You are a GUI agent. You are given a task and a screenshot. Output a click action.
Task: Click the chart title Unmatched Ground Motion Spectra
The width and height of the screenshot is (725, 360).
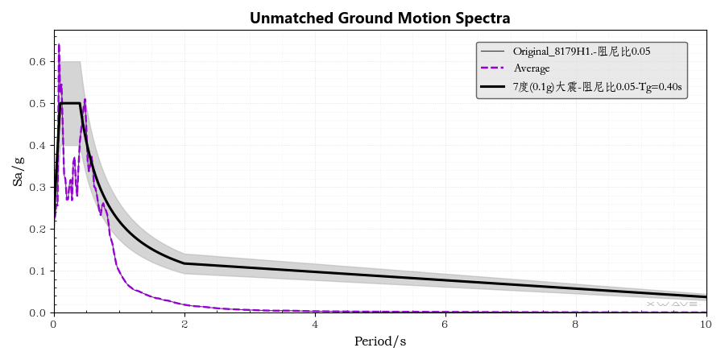tap(379, 18)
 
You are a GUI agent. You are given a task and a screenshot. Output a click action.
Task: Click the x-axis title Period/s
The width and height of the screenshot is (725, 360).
tap(379, 341)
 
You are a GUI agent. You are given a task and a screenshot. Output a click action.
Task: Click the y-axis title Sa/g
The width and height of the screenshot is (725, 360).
tap(18, 172)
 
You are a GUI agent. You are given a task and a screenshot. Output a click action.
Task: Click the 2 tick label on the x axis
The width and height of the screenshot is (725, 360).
tap(184, 324)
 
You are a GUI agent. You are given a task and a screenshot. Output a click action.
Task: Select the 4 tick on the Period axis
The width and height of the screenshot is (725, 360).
tap(315, 324)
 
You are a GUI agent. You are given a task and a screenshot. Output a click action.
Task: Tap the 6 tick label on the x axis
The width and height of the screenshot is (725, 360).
tap(445, 324)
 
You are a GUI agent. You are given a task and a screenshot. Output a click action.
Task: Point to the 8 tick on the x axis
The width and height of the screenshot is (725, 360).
tap(576, 324)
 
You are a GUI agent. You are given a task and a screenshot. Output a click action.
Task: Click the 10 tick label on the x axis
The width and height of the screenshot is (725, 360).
tap(706, 324)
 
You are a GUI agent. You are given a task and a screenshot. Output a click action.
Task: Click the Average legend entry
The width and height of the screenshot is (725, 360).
tap(531, 68)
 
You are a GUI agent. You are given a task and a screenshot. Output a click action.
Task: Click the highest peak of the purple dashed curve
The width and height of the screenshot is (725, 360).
tap(59, 45)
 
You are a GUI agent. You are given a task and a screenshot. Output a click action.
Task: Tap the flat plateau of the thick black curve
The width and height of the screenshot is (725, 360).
tap(70, 103)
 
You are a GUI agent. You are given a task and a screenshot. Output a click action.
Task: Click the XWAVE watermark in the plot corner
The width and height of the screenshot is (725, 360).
tap(672, 304)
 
